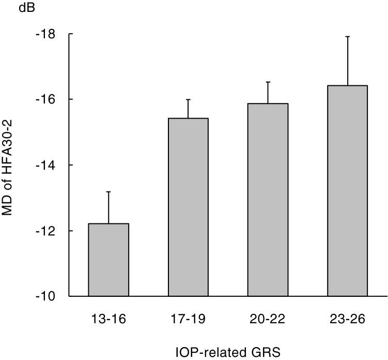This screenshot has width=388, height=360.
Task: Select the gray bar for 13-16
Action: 108,260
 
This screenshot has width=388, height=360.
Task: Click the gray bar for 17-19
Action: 188,207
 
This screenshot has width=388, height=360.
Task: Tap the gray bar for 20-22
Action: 268,200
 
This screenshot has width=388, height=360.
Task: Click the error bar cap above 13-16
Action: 108,192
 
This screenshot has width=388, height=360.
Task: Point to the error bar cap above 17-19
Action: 188,99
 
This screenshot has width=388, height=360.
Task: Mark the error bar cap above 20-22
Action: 268,82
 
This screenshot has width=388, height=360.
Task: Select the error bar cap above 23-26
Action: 347,36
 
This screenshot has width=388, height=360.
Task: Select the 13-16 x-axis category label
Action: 108,319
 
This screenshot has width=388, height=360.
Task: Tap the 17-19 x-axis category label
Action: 188,319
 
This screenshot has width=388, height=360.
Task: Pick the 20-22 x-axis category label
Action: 268,319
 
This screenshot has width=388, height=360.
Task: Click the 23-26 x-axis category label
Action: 347,319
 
